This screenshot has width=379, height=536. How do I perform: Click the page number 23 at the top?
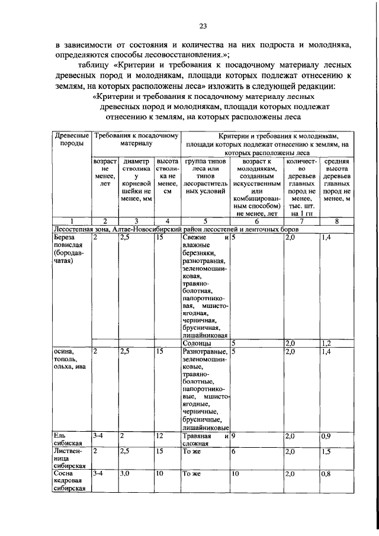click(202, 26)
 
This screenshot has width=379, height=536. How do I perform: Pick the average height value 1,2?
click(326, 343)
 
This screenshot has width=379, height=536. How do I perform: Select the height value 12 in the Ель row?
click(159, 436)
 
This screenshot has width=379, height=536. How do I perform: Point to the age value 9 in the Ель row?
click(234, 436)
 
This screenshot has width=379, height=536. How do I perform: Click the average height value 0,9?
click(326, 436)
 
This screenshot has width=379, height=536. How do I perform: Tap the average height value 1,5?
click(326, 451)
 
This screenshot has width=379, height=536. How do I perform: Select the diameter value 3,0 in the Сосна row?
click(126, 474)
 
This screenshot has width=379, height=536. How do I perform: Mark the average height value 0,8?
click(326, 474)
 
